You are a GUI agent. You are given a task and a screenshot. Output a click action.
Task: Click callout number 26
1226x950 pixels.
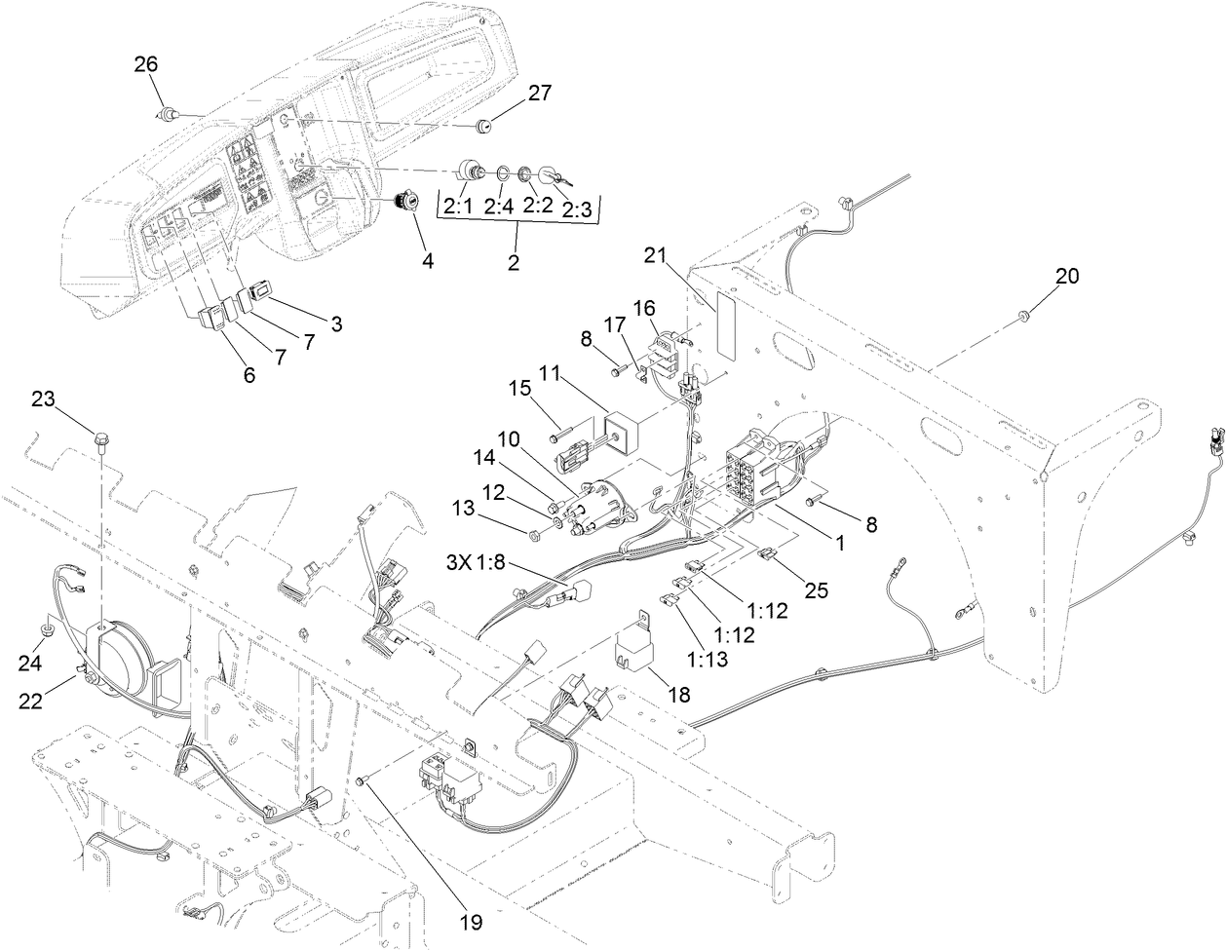point(145,65)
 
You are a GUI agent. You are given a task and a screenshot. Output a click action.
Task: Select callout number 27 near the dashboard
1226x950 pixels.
point(540,94)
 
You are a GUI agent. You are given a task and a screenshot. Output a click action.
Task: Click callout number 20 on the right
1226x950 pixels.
point(1067,276)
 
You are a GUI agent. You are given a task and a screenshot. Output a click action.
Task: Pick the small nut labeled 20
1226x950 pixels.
point(1022,315)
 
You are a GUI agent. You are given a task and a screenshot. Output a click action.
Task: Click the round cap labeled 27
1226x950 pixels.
point(483,127)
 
